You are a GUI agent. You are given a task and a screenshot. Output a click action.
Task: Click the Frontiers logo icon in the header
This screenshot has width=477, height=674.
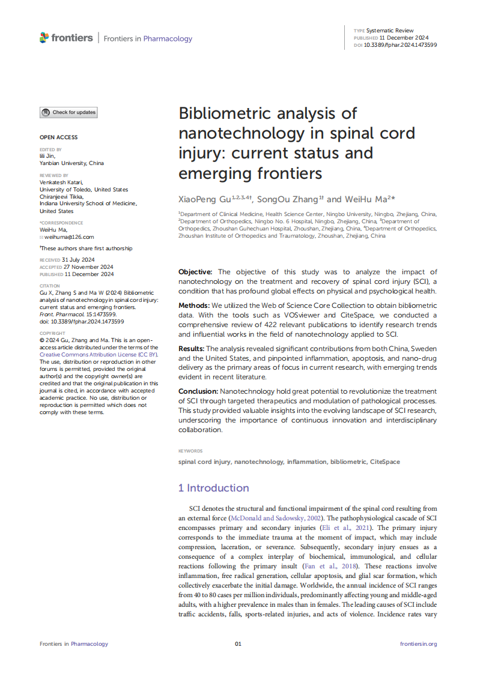[44, 38]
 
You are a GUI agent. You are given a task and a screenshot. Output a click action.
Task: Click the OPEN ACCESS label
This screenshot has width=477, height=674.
[58, 137]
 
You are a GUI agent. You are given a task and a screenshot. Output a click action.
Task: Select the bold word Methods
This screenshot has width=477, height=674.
[194, 305]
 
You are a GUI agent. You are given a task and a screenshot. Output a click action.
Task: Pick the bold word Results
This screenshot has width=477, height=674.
[192, 349]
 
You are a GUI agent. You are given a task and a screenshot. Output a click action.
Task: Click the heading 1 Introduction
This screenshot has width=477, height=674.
[213, 488]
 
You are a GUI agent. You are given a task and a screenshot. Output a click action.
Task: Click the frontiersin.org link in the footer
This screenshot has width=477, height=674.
[418, 644]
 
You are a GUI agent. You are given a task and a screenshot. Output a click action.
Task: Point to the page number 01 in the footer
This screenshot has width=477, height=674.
[238, 644]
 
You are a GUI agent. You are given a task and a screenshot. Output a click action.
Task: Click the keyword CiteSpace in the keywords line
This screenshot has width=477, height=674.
[384, 462]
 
